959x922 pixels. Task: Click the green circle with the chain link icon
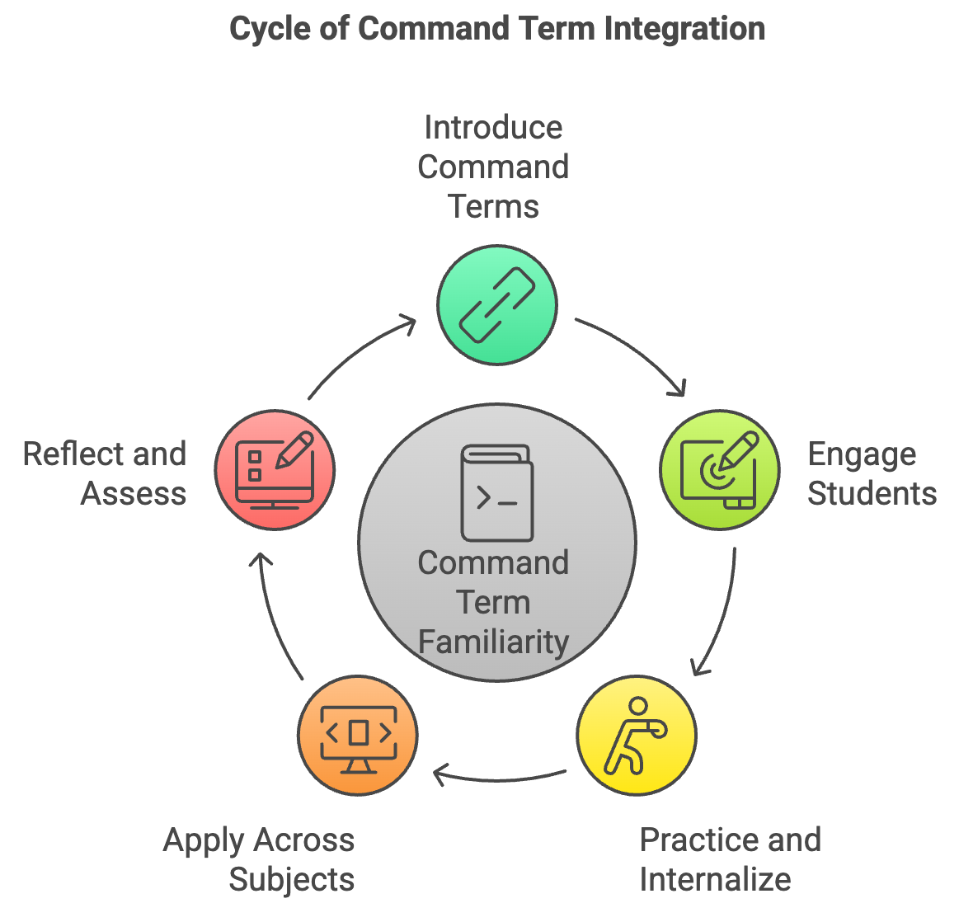496,305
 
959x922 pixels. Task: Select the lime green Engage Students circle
720,469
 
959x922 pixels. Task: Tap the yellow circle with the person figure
637,736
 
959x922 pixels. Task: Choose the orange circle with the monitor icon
358,736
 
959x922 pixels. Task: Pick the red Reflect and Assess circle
275,469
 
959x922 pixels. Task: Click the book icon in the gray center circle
496,492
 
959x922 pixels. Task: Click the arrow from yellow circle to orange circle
498,779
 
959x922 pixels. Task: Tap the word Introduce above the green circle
493,128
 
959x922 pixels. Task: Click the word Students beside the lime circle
872,494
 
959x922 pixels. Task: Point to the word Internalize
715,880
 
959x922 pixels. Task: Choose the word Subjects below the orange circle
292,880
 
